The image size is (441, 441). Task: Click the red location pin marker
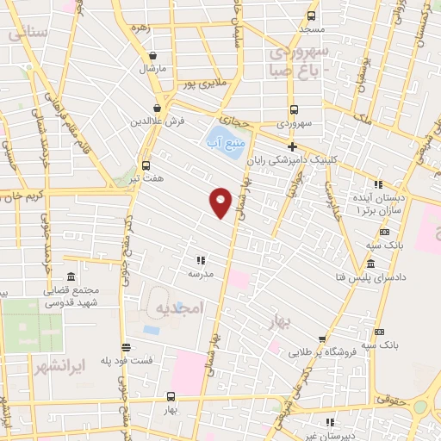(x=221, y=202)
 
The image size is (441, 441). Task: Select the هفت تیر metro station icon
(x=146, y=165)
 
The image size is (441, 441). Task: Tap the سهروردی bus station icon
(x=294, y=109)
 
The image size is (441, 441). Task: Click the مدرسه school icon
(x=201, y=259)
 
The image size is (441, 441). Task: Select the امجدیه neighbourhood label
(x=179, y=308)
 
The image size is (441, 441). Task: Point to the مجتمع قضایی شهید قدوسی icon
(x=70, y=276)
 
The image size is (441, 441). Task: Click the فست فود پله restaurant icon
(x=126, y=348)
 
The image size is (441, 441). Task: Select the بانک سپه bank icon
(x=379, y=332)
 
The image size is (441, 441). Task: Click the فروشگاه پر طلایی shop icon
(x=322, y=339)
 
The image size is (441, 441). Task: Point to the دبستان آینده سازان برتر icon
(x=377, y=184)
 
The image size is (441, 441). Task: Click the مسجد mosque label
(x=311, y=30)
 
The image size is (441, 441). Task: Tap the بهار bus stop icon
(x=171, y=397)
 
